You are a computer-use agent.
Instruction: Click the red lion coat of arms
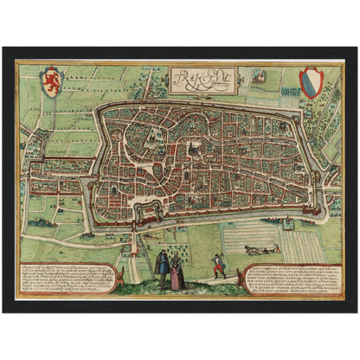52,81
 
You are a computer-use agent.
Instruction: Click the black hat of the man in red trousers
218,256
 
